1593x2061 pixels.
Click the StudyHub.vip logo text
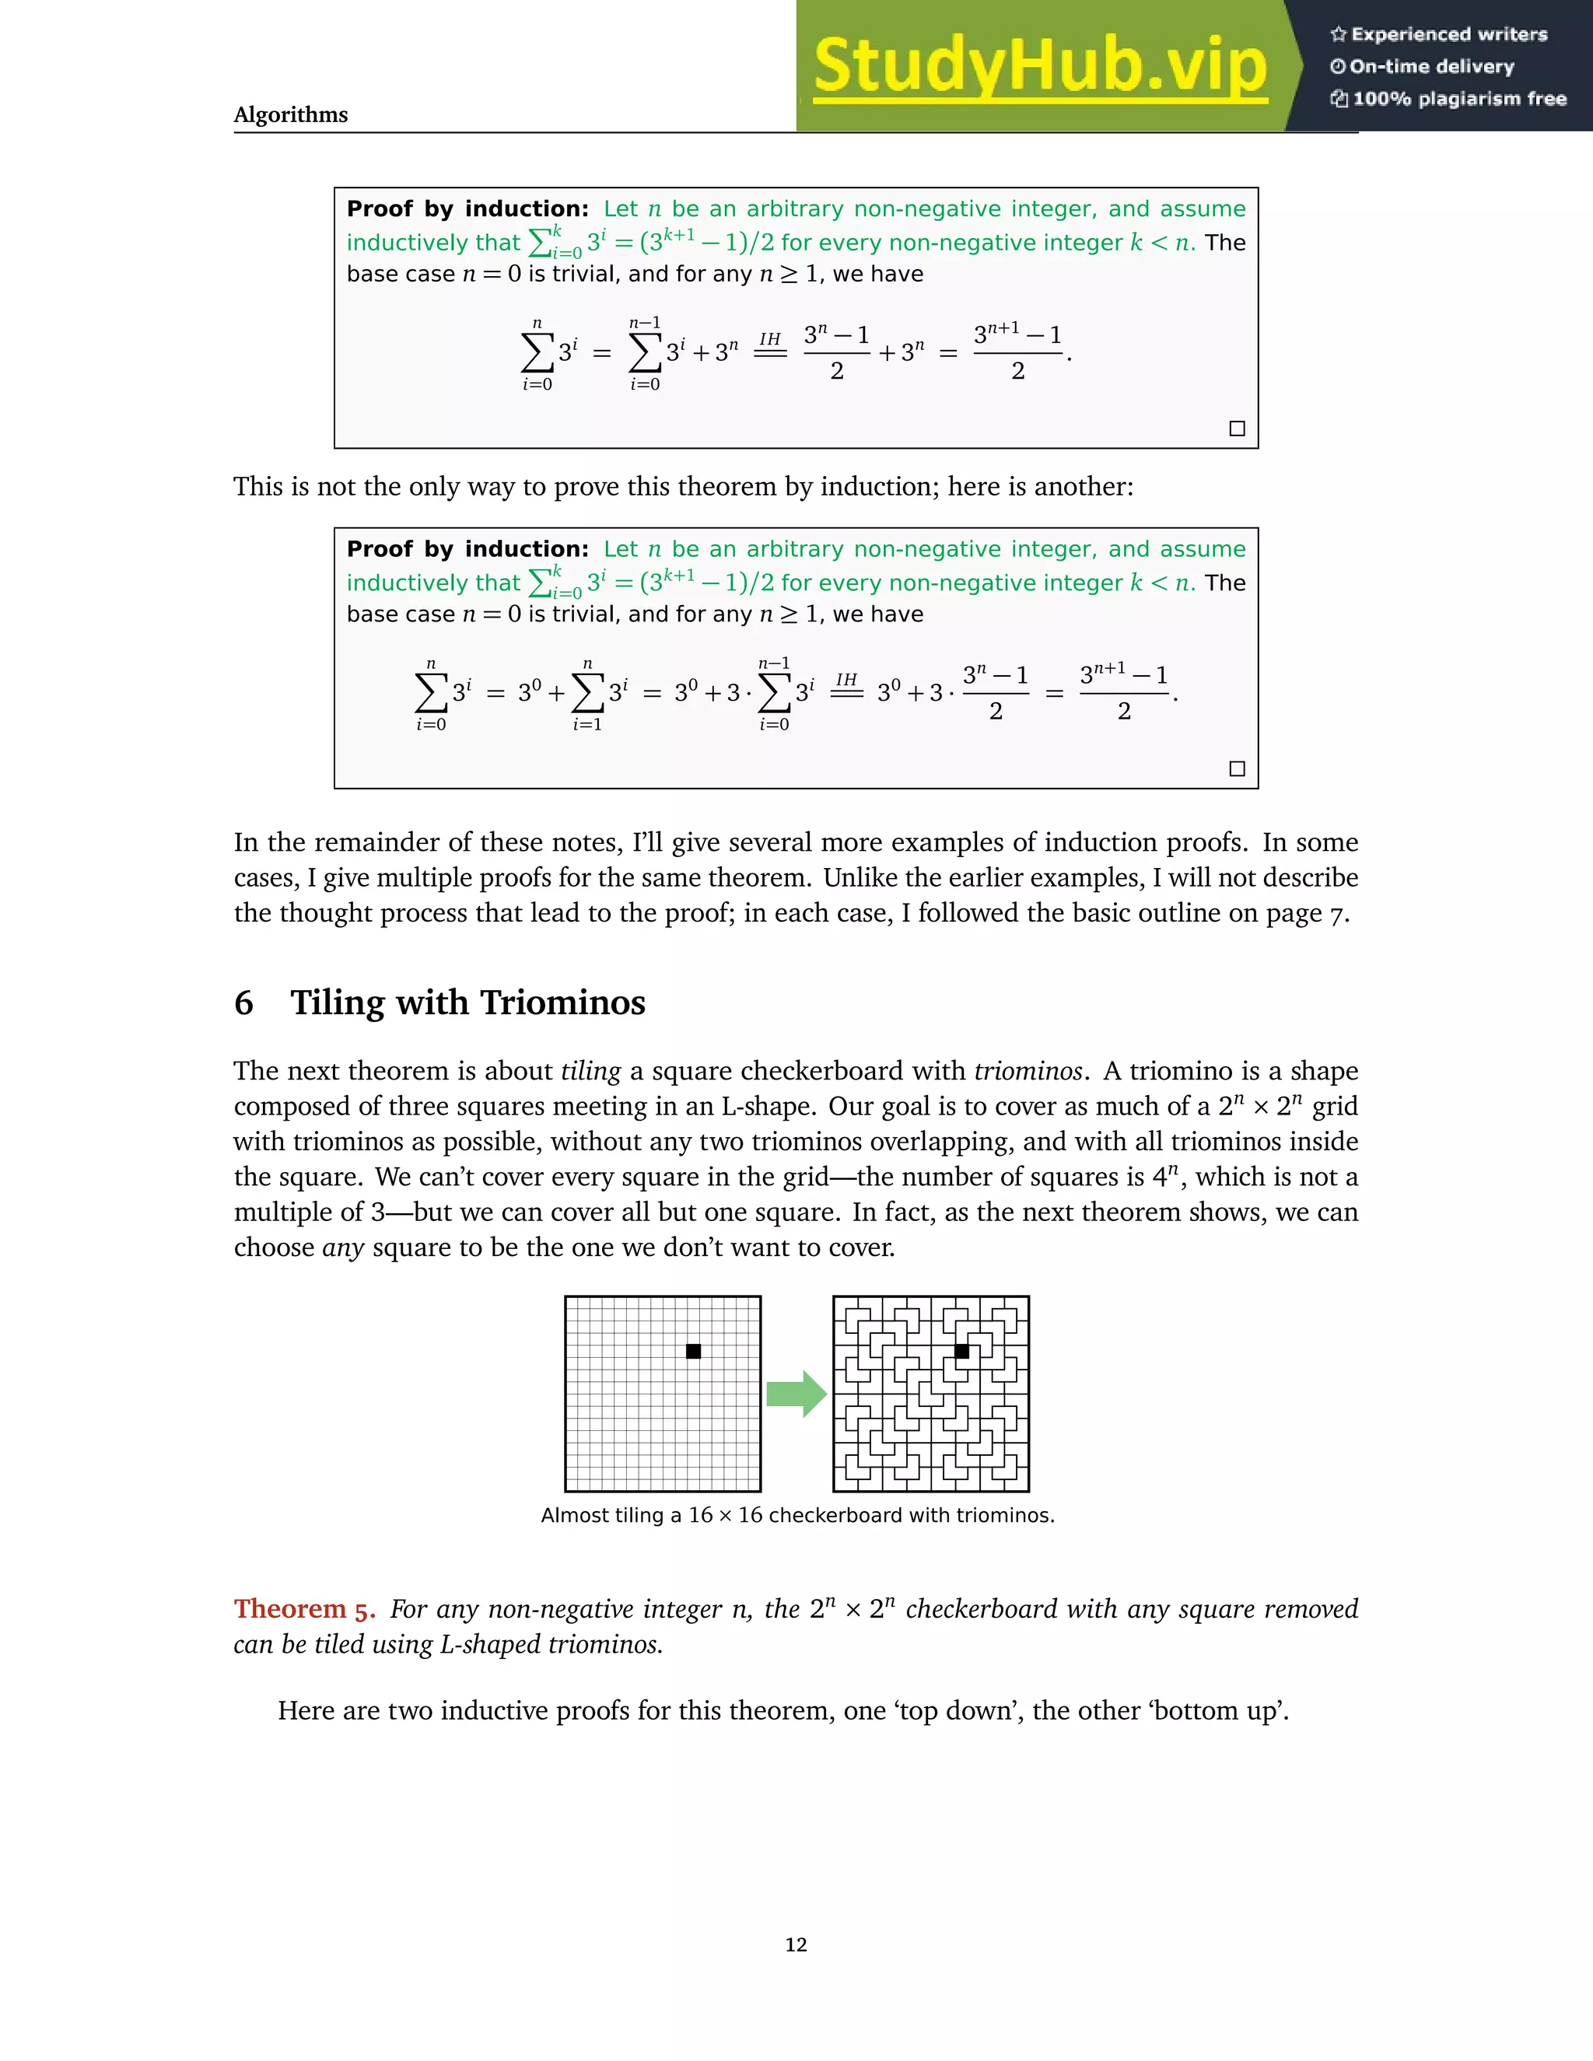[1039, 66]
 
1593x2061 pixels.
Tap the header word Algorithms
[291, 114]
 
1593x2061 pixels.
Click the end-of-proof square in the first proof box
[1238, 429]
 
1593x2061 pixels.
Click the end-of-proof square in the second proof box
[1238, 768]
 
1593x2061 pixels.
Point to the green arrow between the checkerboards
[796, 1394]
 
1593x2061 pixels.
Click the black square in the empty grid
[694, 1352]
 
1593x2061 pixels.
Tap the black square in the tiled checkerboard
[961, 1352]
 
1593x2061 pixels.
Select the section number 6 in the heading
[243, 1003]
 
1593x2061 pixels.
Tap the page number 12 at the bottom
[796, 1944]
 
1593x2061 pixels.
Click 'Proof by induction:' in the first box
[467, 208]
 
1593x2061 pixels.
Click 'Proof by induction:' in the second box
[467, 548]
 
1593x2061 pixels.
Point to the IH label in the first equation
[770, 339]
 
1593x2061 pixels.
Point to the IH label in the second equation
[846, 680]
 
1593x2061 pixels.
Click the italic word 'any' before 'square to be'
[342, 1247]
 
